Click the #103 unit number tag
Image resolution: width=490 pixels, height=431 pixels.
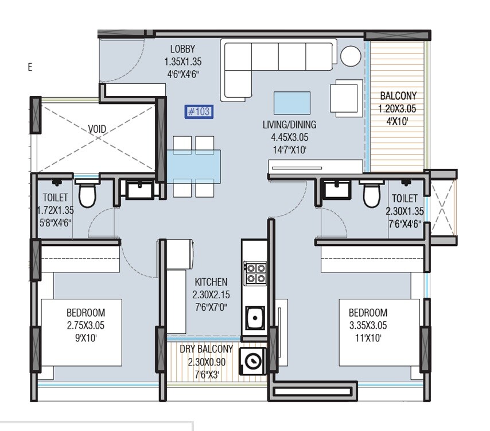coord(199,111)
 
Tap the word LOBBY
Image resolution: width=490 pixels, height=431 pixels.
coord(182,49)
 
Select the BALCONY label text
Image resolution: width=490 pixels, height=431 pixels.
coord(398,96)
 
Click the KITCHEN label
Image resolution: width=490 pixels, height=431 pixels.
coord(211,282)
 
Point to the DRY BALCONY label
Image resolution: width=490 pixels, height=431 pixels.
coord(206,349)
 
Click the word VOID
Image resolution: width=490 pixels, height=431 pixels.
coord(97,129)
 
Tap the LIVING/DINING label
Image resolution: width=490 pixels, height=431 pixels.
coord(289,125)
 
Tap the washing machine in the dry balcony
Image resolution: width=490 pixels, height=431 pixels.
coord(252,361)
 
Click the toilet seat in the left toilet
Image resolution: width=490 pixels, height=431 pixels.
coord(87,195)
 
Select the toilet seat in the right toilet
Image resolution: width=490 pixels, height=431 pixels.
coord(371,194)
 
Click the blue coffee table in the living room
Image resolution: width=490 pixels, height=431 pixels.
coord(291,102)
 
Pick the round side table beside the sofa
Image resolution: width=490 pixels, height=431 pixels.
coord(350,56)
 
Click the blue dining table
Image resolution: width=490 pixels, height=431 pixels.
coord(193,164)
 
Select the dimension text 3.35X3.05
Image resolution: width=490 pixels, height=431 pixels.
coord(368,325)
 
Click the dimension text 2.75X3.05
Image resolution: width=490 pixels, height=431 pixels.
coord(85,325)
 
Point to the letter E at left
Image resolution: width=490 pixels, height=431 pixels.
coord(30,67)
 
